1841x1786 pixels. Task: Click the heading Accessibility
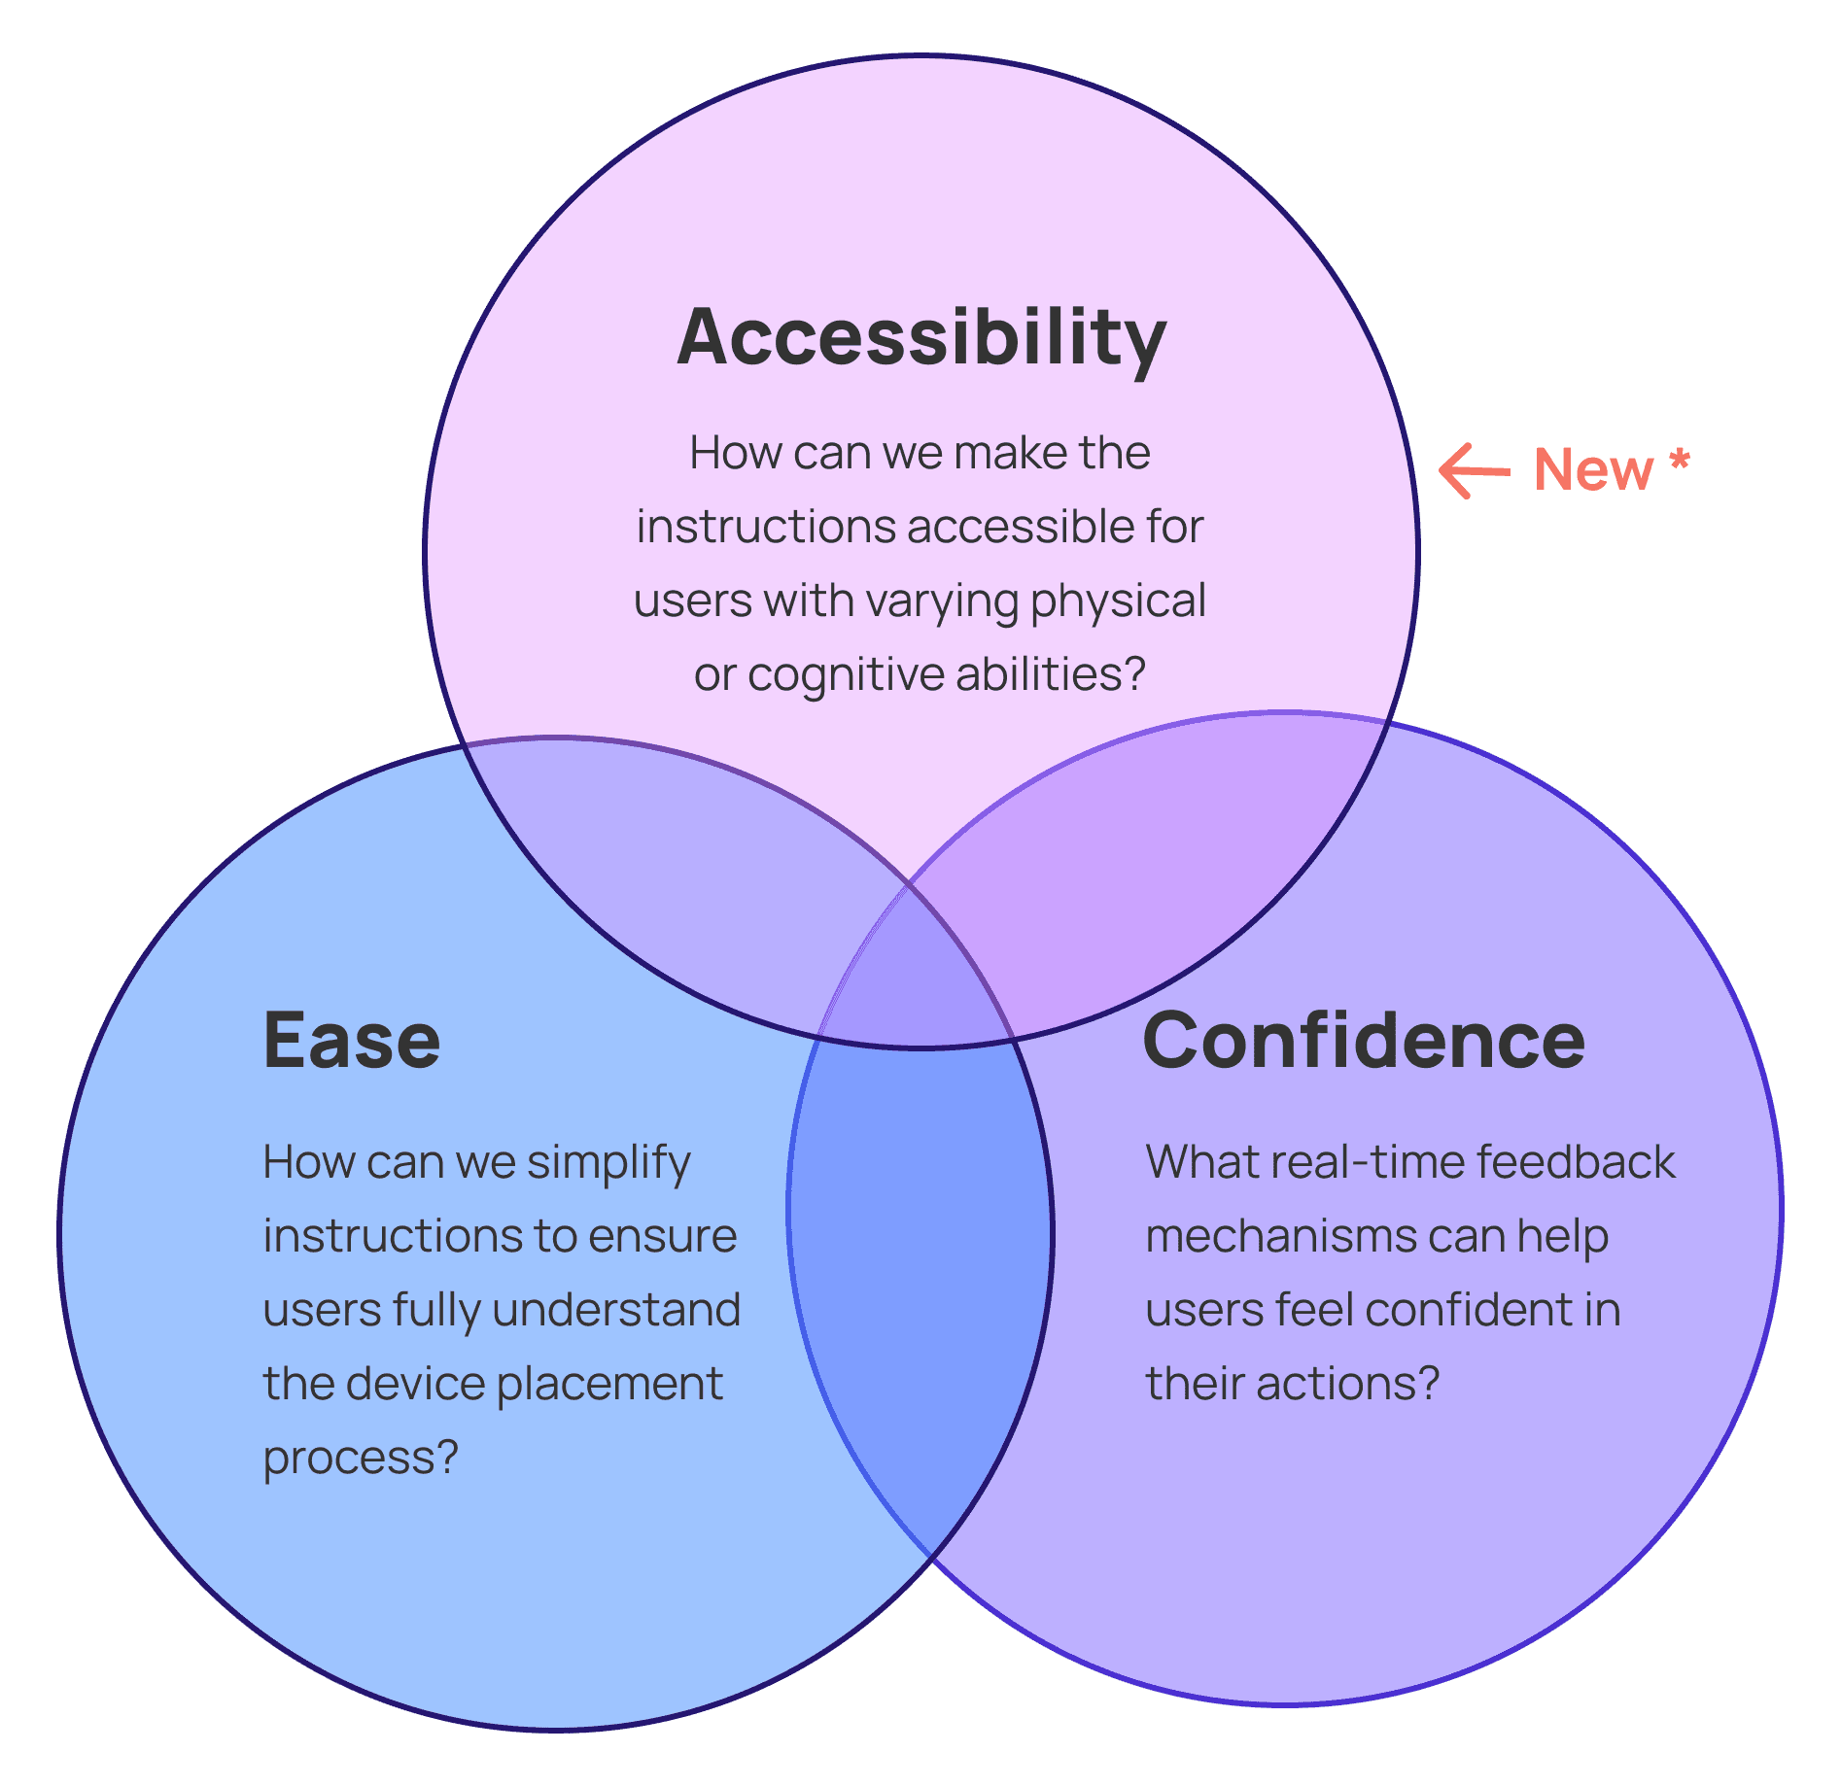pos(920,337)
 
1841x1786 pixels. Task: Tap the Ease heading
pos(352,1041)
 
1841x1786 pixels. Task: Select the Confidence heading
pos(1363,1041)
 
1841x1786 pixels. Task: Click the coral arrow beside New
pos(1474,471)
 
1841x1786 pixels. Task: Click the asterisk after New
pos(1680,461)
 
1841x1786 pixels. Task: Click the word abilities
pos(1050,674)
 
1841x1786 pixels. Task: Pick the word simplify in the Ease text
pos(608,1163)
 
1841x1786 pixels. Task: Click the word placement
pos(609,1385)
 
